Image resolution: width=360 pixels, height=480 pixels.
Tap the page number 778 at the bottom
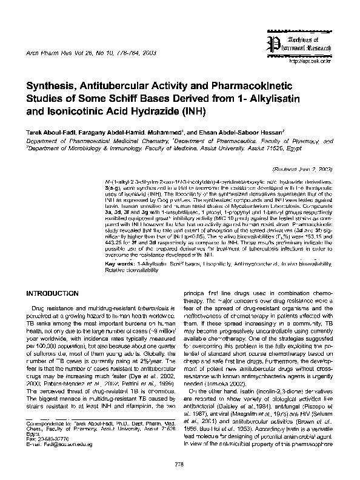179,464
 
